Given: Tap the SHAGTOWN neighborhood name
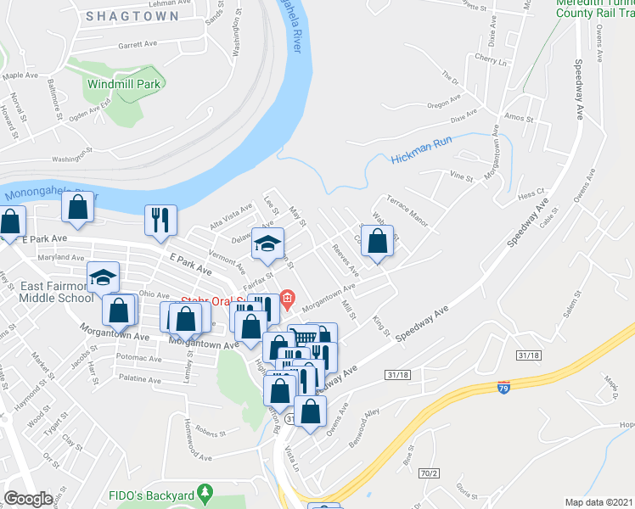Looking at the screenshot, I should (132, 16).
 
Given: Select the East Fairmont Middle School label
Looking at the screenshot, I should (57, 292).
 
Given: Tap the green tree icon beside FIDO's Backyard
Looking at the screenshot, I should (204, 493).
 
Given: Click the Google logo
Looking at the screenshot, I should (28, 499).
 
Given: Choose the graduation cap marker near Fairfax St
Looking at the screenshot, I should (267, 243).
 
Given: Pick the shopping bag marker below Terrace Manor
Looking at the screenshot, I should (379, 240).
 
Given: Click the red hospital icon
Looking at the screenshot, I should (288, 298).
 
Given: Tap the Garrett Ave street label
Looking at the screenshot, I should (138, 44).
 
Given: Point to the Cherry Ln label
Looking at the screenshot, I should (491, 61).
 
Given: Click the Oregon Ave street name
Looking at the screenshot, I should (443, 104).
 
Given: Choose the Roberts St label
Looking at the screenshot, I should (206, 431).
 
